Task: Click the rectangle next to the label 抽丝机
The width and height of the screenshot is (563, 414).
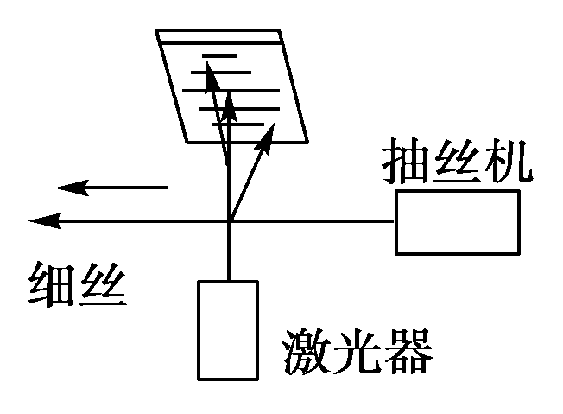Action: [457, 222]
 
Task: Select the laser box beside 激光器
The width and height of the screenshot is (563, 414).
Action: [227, 330]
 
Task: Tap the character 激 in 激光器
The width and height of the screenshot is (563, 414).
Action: [305, 349]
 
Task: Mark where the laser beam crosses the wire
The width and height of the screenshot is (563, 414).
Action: [229, 221]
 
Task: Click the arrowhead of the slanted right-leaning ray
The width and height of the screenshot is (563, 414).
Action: [269, 131]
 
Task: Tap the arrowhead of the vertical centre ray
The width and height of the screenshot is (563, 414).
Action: [229, 99]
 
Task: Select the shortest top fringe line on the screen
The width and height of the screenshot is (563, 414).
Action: [220, 56]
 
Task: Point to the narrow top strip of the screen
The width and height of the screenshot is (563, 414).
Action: [219, 37]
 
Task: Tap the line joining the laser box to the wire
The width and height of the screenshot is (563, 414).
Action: [229, 251]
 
